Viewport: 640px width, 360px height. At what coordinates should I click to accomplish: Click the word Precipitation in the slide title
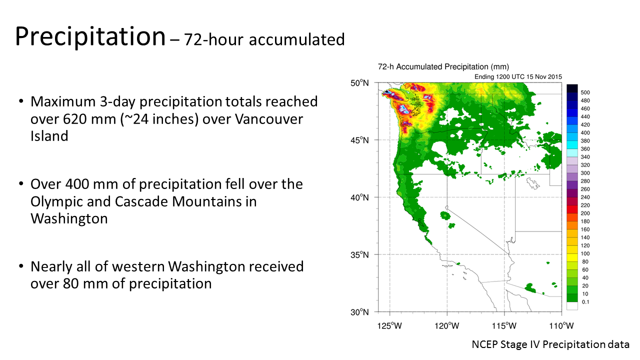click(x=90, y=37)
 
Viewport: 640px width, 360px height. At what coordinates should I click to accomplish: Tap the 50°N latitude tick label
click(x=359, y=83)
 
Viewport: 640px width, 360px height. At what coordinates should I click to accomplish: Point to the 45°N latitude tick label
click(x=359, y=140)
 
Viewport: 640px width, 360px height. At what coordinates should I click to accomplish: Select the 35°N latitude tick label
click(x=359, y=254)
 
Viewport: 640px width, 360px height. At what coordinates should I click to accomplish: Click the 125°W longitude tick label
click(x=389, y=326)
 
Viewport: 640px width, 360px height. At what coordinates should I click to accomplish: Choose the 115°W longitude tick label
click(x=504, y=326)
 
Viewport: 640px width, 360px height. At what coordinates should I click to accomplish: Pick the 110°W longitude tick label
click(x=561, y=326)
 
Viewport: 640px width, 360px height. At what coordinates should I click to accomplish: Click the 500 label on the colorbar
click(x=585, y=92)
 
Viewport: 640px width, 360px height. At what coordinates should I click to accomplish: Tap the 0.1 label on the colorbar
click(x=585, y=302)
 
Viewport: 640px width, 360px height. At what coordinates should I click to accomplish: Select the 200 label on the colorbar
click(x=585, y=213)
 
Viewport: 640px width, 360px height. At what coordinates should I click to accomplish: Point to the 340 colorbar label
click(x=585, y=157)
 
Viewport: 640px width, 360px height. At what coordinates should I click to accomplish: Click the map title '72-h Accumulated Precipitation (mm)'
click(x=443, y=67)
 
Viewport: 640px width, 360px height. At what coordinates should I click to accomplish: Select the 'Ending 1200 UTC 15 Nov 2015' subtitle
click(x=518, y=77)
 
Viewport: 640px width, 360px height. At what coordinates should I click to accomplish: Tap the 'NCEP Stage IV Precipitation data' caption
click(x=550, y=344)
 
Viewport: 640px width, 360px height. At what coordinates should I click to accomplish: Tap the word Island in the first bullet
click(x=49, y=136)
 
